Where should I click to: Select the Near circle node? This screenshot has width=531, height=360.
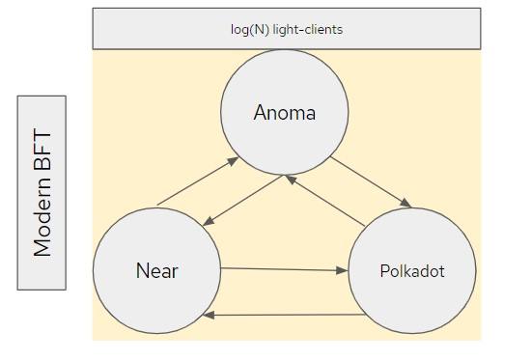coord(157,269)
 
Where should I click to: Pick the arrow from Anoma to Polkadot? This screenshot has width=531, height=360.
coord(371,180)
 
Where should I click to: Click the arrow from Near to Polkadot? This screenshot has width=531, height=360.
coord(284,270)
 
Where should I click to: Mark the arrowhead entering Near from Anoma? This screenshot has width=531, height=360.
coord(206,224)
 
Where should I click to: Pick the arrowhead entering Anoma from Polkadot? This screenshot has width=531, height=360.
coord(292,180)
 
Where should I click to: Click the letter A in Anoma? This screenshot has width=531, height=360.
coord(260,113)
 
